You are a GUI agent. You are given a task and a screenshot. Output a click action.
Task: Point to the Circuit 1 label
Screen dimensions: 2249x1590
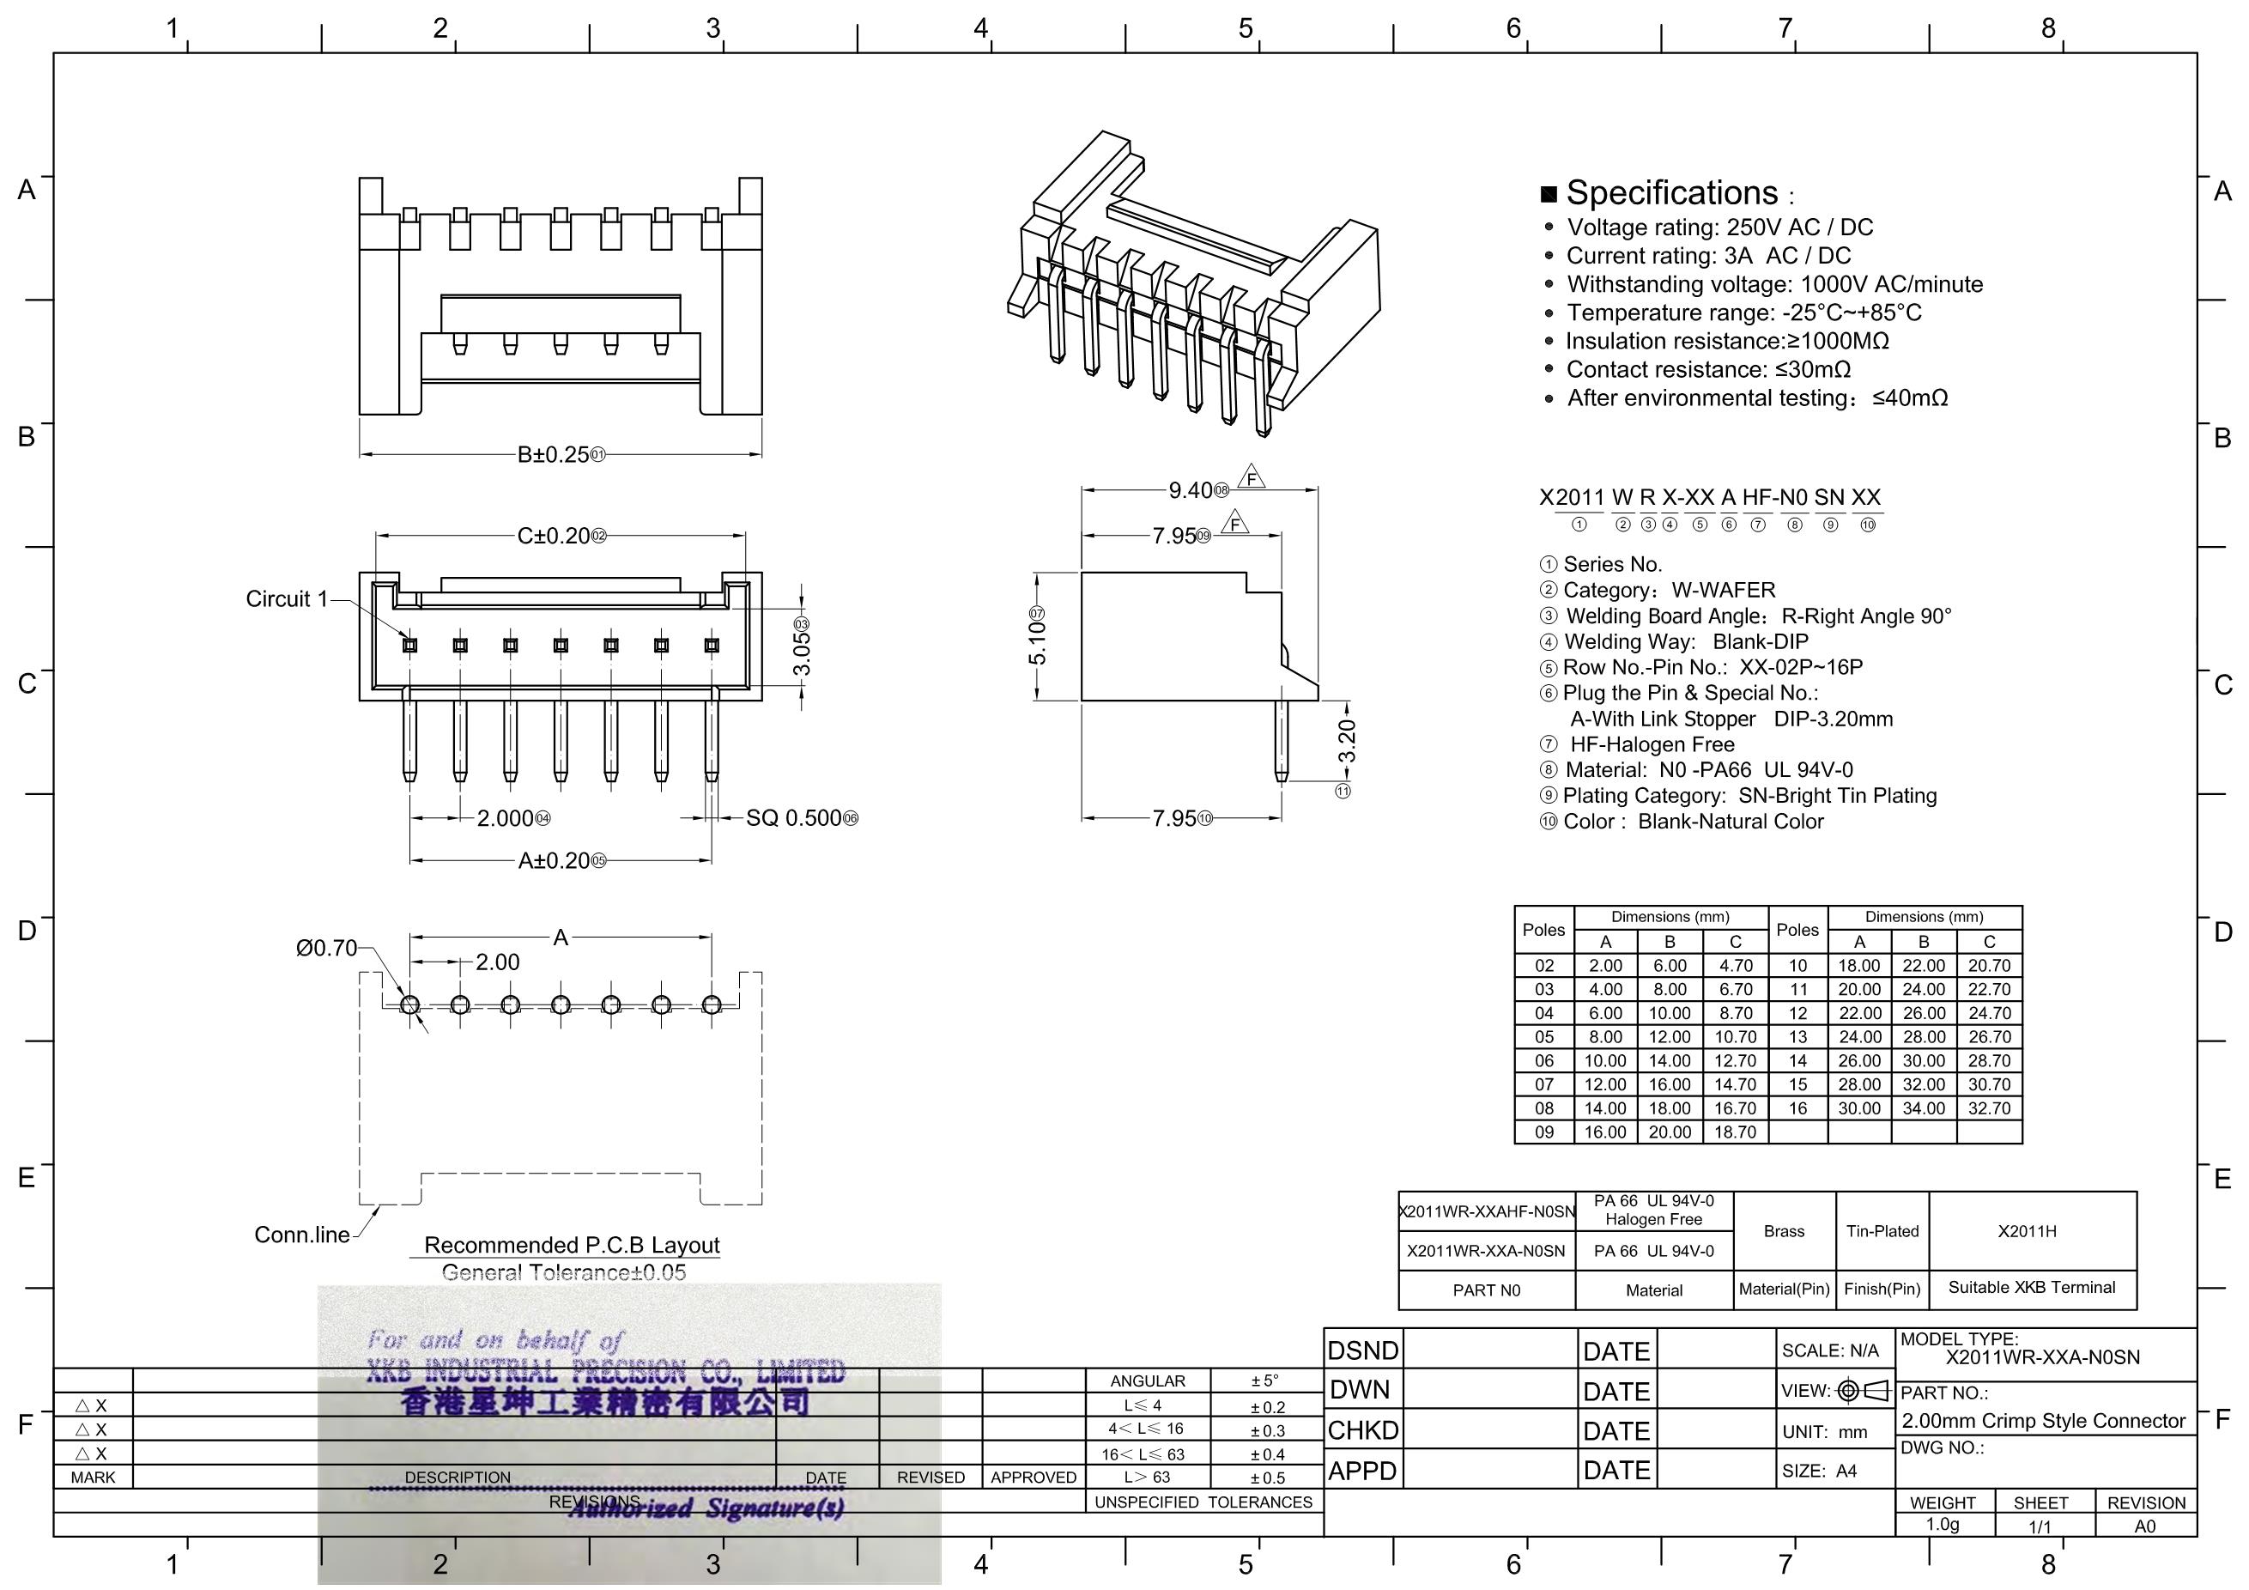coord(286,598)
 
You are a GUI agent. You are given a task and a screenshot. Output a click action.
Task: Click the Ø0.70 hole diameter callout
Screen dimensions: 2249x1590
coord(326,949)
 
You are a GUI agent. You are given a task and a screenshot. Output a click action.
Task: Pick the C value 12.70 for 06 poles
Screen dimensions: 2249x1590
coord(1736,1061)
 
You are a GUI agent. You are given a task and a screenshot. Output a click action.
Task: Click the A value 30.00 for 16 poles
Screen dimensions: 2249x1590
coord(1859,1109)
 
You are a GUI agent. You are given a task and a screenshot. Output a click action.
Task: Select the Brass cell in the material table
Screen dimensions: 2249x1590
coord(1784,1231)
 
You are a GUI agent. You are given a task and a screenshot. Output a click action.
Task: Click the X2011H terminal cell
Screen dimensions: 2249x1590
coord(2028,1231)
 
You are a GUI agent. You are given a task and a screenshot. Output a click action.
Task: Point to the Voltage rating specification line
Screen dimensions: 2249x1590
coord(1719,228)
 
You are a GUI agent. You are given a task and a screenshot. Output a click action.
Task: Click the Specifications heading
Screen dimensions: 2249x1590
coord(1671,193)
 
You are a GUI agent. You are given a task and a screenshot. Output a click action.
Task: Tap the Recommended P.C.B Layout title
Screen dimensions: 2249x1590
coord(571,1245)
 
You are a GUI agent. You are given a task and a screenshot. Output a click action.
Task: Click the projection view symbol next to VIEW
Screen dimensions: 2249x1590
coord(1863,1390)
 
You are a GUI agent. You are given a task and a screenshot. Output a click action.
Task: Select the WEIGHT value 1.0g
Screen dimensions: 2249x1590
coord(1943,1525)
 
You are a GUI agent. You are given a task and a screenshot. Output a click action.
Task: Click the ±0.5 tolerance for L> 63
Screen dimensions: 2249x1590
coord(1268,1478)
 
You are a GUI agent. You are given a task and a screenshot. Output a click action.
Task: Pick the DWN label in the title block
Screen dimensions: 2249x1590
coord(1361,1390)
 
